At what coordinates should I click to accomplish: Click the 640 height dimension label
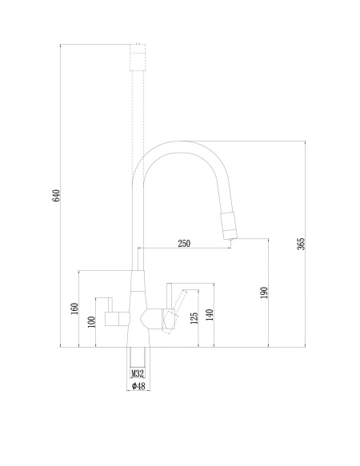click(56, 196)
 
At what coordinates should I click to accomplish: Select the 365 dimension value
click(301, 244)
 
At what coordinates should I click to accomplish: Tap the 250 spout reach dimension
click(184, 244)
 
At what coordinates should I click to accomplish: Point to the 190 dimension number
click(264, 293)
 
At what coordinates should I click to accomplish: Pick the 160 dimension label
click(74, 309)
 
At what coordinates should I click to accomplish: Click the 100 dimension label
click(92, 322)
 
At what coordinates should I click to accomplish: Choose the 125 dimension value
click(194, 318)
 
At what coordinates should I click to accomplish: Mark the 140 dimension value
click(210, 315)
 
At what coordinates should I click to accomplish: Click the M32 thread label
click(138, 373)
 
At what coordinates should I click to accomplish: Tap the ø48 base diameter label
click(138, 386)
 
